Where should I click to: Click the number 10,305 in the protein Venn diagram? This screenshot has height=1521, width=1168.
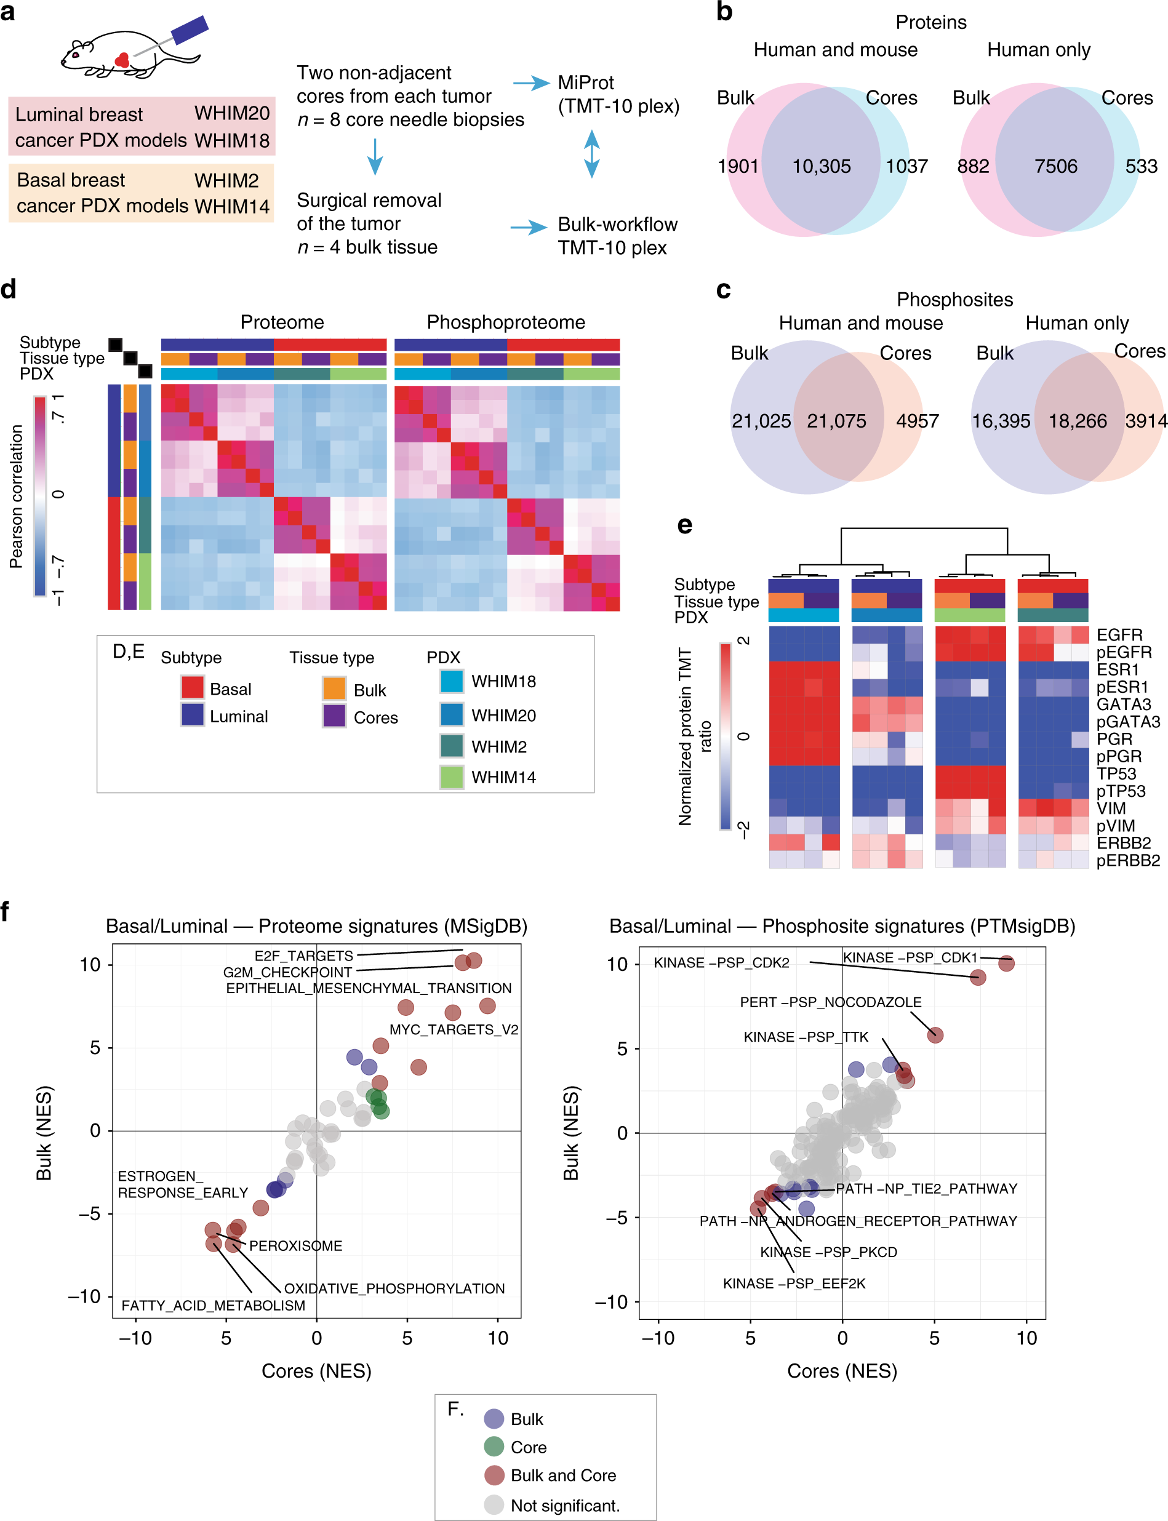[x=821, y=166]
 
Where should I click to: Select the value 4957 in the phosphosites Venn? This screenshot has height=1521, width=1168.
[x=917, y=421]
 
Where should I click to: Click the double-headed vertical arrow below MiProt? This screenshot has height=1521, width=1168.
[x=591, y=154]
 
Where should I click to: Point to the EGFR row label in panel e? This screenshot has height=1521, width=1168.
[x=1119, y=635]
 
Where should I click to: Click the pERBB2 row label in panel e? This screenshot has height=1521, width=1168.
[x=1127, y=861]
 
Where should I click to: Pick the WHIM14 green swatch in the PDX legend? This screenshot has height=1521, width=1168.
[x=452, y=776]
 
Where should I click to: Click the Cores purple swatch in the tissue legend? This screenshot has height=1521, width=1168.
[x=334, y=716]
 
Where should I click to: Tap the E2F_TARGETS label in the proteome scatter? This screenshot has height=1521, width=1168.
[x=304, y=956]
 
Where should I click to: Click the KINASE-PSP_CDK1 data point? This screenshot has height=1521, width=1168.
[x=1006, y=963]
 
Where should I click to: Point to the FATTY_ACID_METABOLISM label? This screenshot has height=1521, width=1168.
[x=214, y=1306]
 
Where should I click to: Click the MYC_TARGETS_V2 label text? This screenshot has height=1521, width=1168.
[x=454, y=1029]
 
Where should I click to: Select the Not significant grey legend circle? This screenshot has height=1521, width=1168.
[x=494, y=1505]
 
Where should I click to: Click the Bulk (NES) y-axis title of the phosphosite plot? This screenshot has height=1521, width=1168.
[x=571, y=1133]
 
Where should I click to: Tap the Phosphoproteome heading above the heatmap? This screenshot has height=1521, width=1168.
[x=505, y=322]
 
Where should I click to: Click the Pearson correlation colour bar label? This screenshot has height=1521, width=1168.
[x=16, y=497]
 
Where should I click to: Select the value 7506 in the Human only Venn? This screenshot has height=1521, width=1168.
[x=1055, y=166]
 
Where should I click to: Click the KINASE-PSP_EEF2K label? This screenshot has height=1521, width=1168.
[x=794, y=1283]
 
